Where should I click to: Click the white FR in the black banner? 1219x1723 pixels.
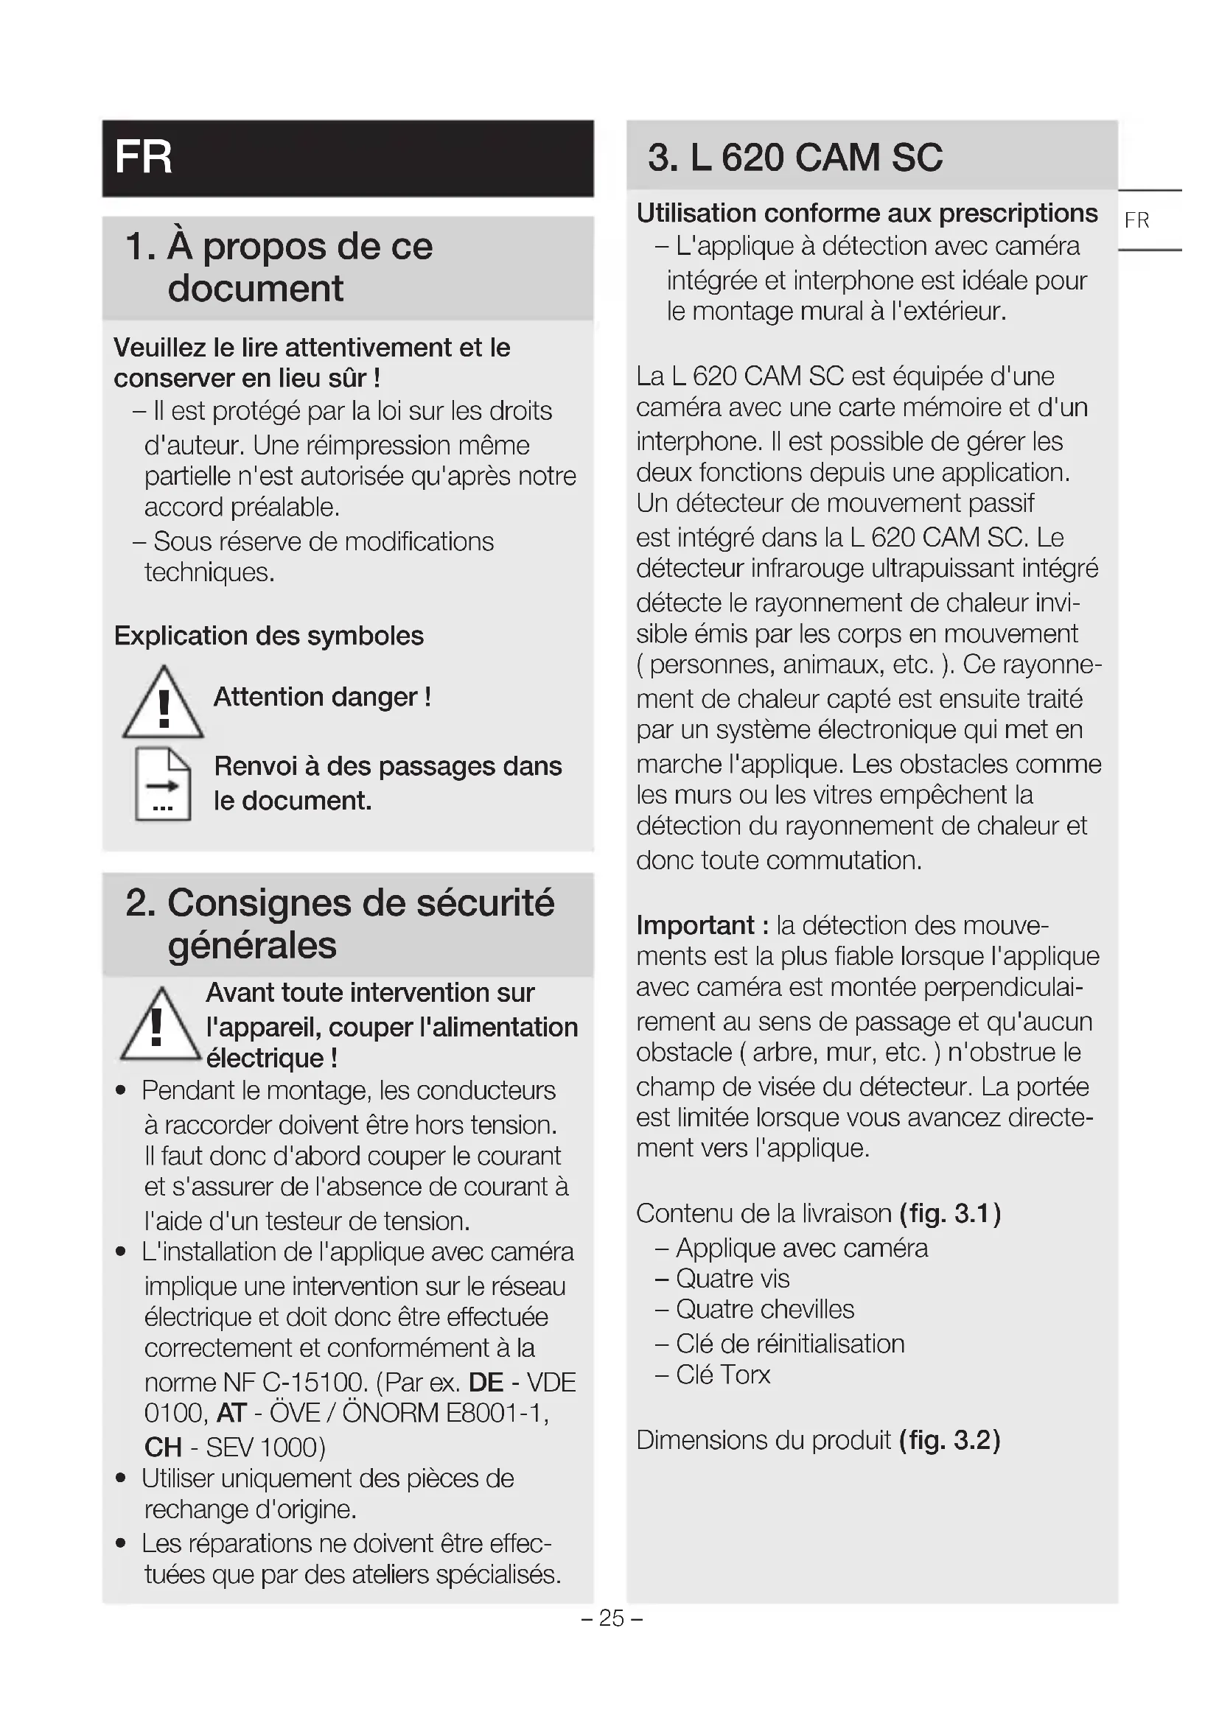point(144,158)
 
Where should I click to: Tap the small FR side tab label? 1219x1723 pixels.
point(1136,221)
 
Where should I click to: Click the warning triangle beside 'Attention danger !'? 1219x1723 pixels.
point(163,703)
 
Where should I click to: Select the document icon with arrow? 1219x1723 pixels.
point(163,785)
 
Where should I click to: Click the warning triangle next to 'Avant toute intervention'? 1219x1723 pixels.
point(158,1025)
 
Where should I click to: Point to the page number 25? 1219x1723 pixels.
point(612,1618)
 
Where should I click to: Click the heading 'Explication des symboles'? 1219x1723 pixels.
point(269,636)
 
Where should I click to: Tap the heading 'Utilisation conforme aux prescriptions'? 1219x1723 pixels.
point(867,214)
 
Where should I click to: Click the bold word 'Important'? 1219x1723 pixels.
point(695,925)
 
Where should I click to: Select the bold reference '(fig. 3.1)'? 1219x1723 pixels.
point(950,1213)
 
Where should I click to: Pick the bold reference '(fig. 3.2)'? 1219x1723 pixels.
point(950,1440)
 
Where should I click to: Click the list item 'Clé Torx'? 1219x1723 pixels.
point(723,1375)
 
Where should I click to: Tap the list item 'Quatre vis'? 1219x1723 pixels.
point(733,1279)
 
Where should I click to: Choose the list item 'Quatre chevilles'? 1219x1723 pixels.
point(765,1310)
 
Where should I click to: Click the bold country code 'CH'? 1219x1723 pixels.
point(163,1447)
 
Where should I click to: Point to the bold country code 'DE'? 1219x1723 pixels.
point(486,1382)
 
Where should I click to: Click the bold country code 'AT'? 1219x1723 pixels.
point(231,1413)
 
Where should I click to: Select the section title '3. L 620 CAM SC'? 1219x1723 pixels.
point(795,158)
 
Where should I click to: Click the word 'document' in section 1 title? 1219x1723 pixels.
point(255,289)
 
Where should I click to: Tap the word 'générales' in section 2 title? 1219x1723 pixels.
point(252,946)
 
